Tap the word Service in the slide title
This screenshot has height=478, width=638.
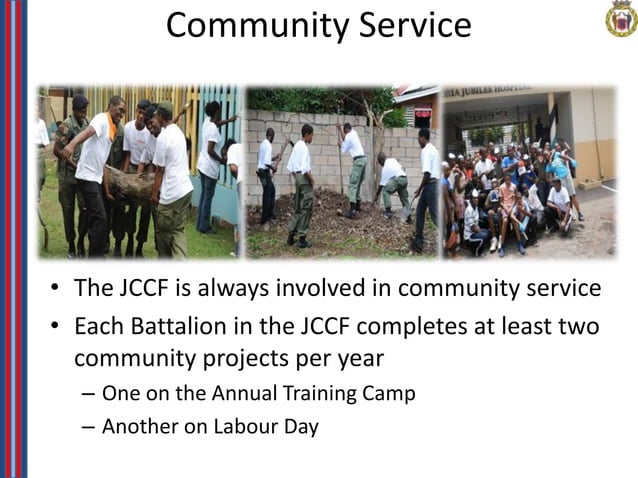click(x=415, y=25)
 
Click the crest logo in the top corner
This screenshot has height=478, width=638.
click(x=621, y=18)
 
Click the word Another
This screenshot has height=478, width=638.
click(x=141, y=427)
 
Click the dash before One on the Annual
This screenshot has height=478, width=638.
click(x=87, y=393)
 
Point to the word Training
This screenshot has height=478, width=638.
click(x=306, y=393)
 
